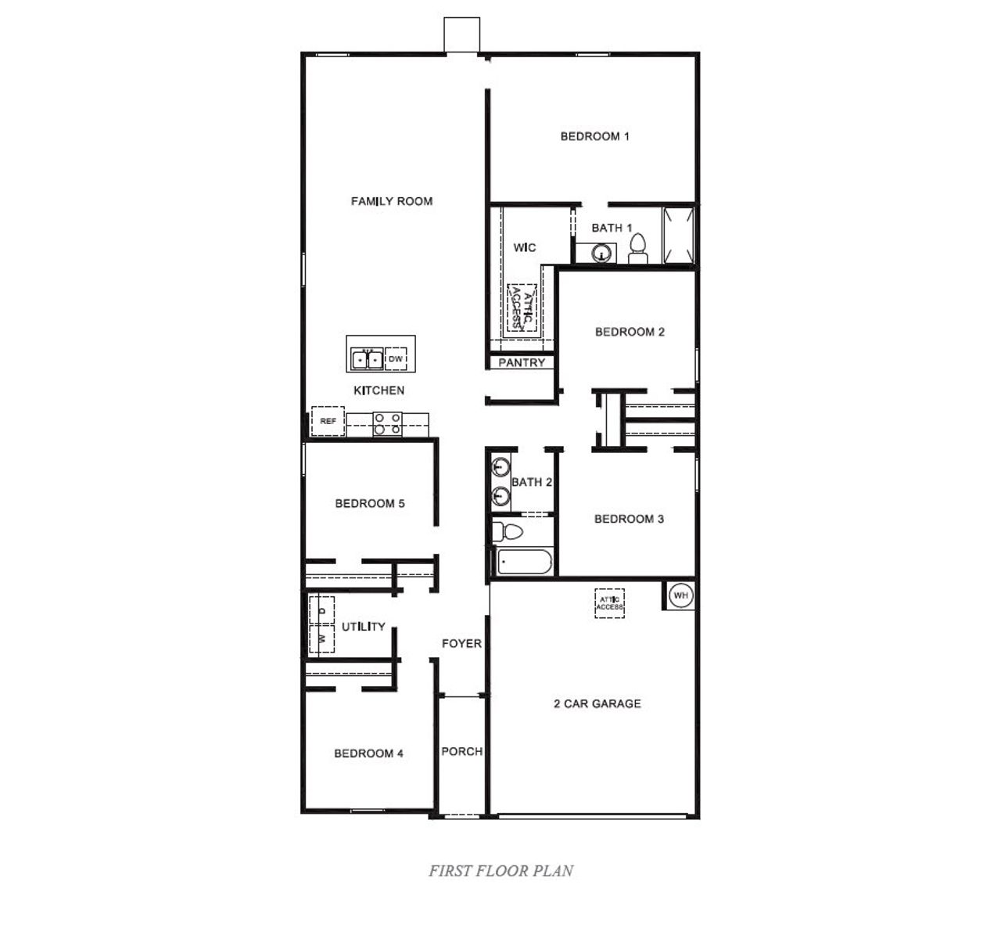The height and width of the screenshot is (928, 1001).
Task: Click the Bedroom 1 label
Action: (x=594, y=136)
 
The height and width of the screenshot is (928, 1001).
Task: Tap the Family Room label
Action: (x=391, y=201)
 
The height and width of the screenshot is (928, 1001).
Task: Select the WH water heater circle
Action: (x=680, y=595)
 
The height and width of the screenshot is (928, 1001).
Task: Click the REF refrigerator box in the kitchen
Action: (x=328, y=421)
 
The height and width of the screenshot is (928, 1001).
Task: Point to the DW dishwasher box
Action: (x=396, y=359)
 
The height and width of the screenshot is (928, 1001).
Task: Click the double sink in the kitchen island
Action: (x=367, y=359)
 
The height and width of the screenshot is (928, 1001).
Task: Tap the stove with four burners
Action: (x=387, y=423)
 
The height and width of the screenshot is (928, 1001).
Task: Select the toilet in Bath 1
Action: (x=638, y=247)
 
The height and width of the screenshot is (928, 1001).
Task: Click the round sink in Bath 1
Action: (x=601, y=253)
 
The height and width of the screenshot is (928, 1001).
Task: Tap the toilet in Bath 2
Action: (x=508, y=532)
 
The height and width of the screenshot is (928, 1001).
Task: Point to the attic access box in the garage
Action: (x=609, y=603)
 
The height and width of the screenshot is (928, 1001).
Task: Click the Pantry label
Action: (x=522, y=362)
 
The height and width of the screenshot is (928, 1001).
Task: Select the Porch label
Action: (x=461, y=751)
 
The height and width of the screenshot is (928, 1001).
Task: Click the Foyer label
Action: (x=461, y=643)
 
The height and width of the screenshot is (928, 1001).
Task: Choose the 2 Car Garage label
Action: (x=597, y=703)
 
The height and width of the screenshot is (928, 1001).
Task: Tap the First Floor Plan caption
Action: (x=500, y=870)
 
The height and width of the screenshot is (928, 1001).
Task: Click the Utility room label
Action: (x=363, y=626)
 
